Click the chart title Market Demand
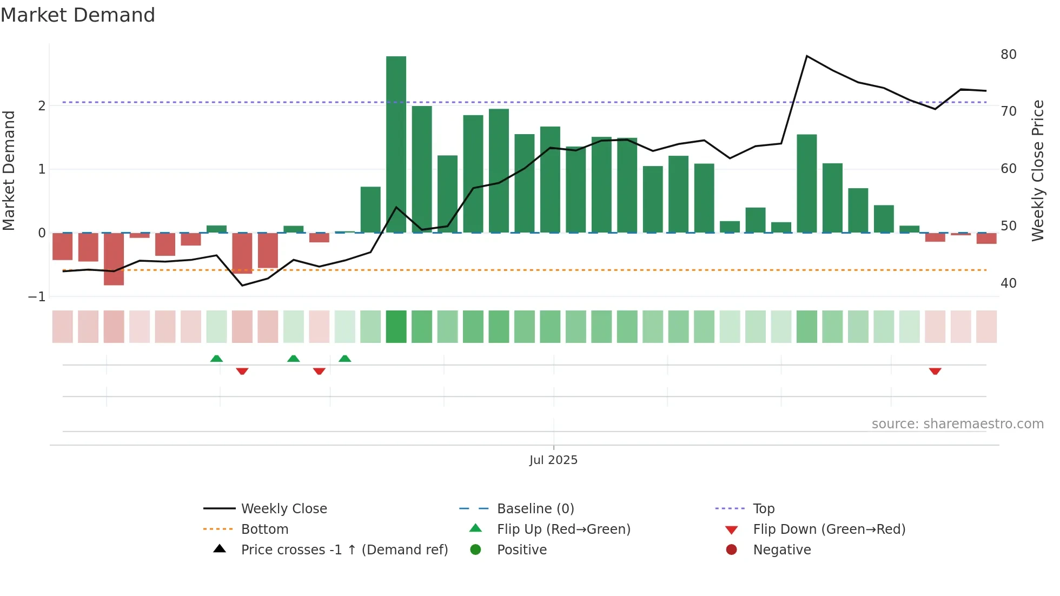pyautogui.click(x=78, y=15)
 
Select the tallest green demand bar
pyautogui.click(x=396, y=144)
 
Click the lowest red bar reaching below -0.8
pyautogui.click(x=114, y=259)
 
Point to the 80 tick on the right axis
pyautogui.click(x=1008, y=55)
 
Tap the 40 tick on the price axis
pyautogui.click(x=1008, y=283)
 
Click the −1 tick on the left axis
pyautogui.click(x=37, y=297)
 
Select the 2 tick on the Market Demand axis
pyautogui.click(x=42, y=105)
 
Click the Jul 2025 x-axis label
pyautogui.click(x=553, y=460)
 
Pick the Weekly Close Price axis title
pyautogui.click(x=1037, y=170)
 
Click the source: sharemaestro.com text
pyautogui.click(x=957, y=424)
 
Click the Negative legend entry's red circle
pyautogui.click(x=731, y=549)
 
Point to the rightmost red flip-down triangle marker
pyautogui.click(x=935, y=371)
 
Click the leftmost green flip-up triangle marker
pyautogui.click(x=216, y=359)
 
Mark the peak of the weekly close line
pyautogui.click(x=807, y=56)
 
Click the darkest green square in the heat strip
pyautogui.click(x=396, y=327)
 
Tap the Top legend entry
pyautogui.click(x=763, y=508)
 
